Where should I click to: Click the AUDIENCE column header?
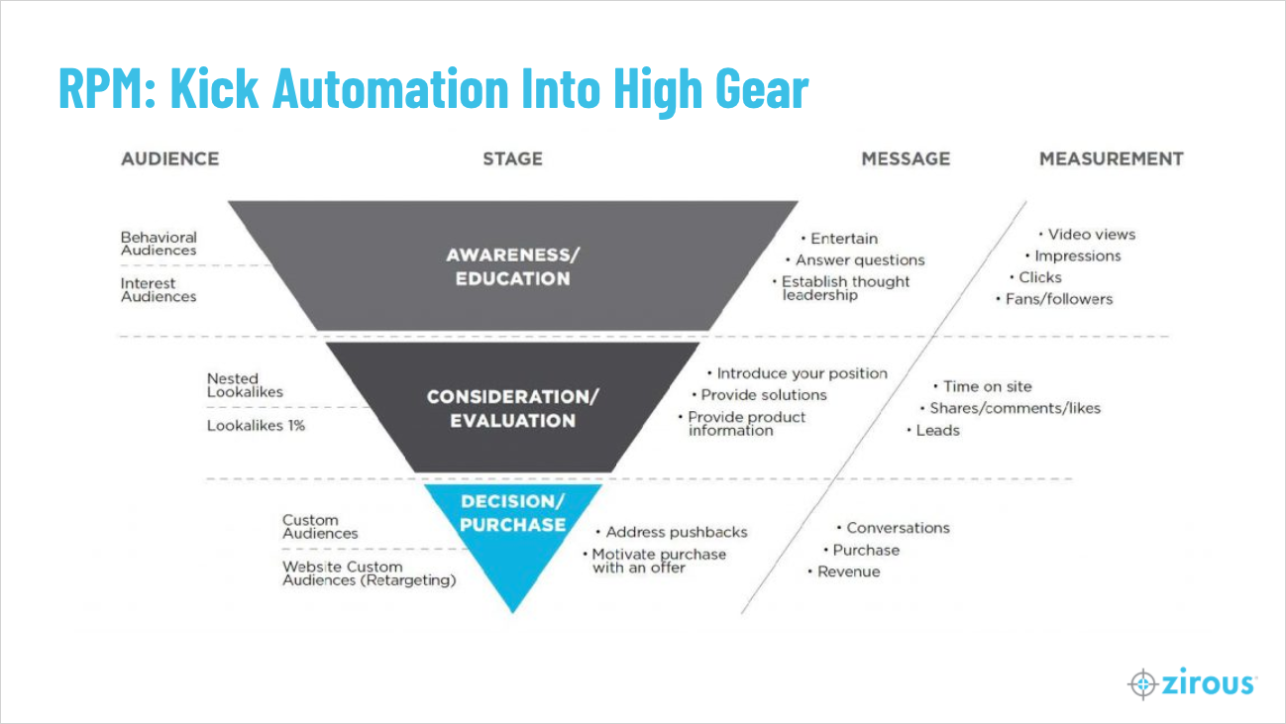point(170,158)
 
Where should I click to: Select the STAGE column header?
point(512,158)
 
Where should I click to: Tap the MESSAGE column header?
point(906,158)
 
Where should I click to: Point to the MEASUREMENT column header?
point(1112,158)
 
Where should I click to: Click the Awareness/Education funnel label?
point(512,266)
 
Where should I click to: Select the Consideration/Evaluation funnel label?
point(512,408)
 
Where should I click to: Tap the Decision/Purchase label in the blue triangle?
point(512,513)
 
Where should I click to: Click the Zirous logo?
point(1193,683)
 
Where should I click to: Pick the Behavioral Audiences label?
point(159,244)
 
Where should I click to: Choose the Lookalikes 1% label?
point(256,426)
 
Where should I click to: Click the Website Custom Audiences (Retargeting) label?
point(370,573)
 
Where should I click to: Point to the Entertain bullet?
point(840,238)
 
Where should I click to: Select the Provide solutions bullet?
point(759,395)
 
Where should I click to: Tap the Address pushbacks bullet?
point(672,532)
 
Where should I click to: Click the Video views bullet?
point(1088,234)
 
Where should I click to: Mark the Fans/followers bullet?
point(1054,299)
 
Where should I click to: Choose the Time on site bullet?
point(983,386)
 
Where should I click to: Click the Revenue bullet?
point(844,571)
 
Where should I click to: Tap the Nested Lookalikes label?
point(245,385)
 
